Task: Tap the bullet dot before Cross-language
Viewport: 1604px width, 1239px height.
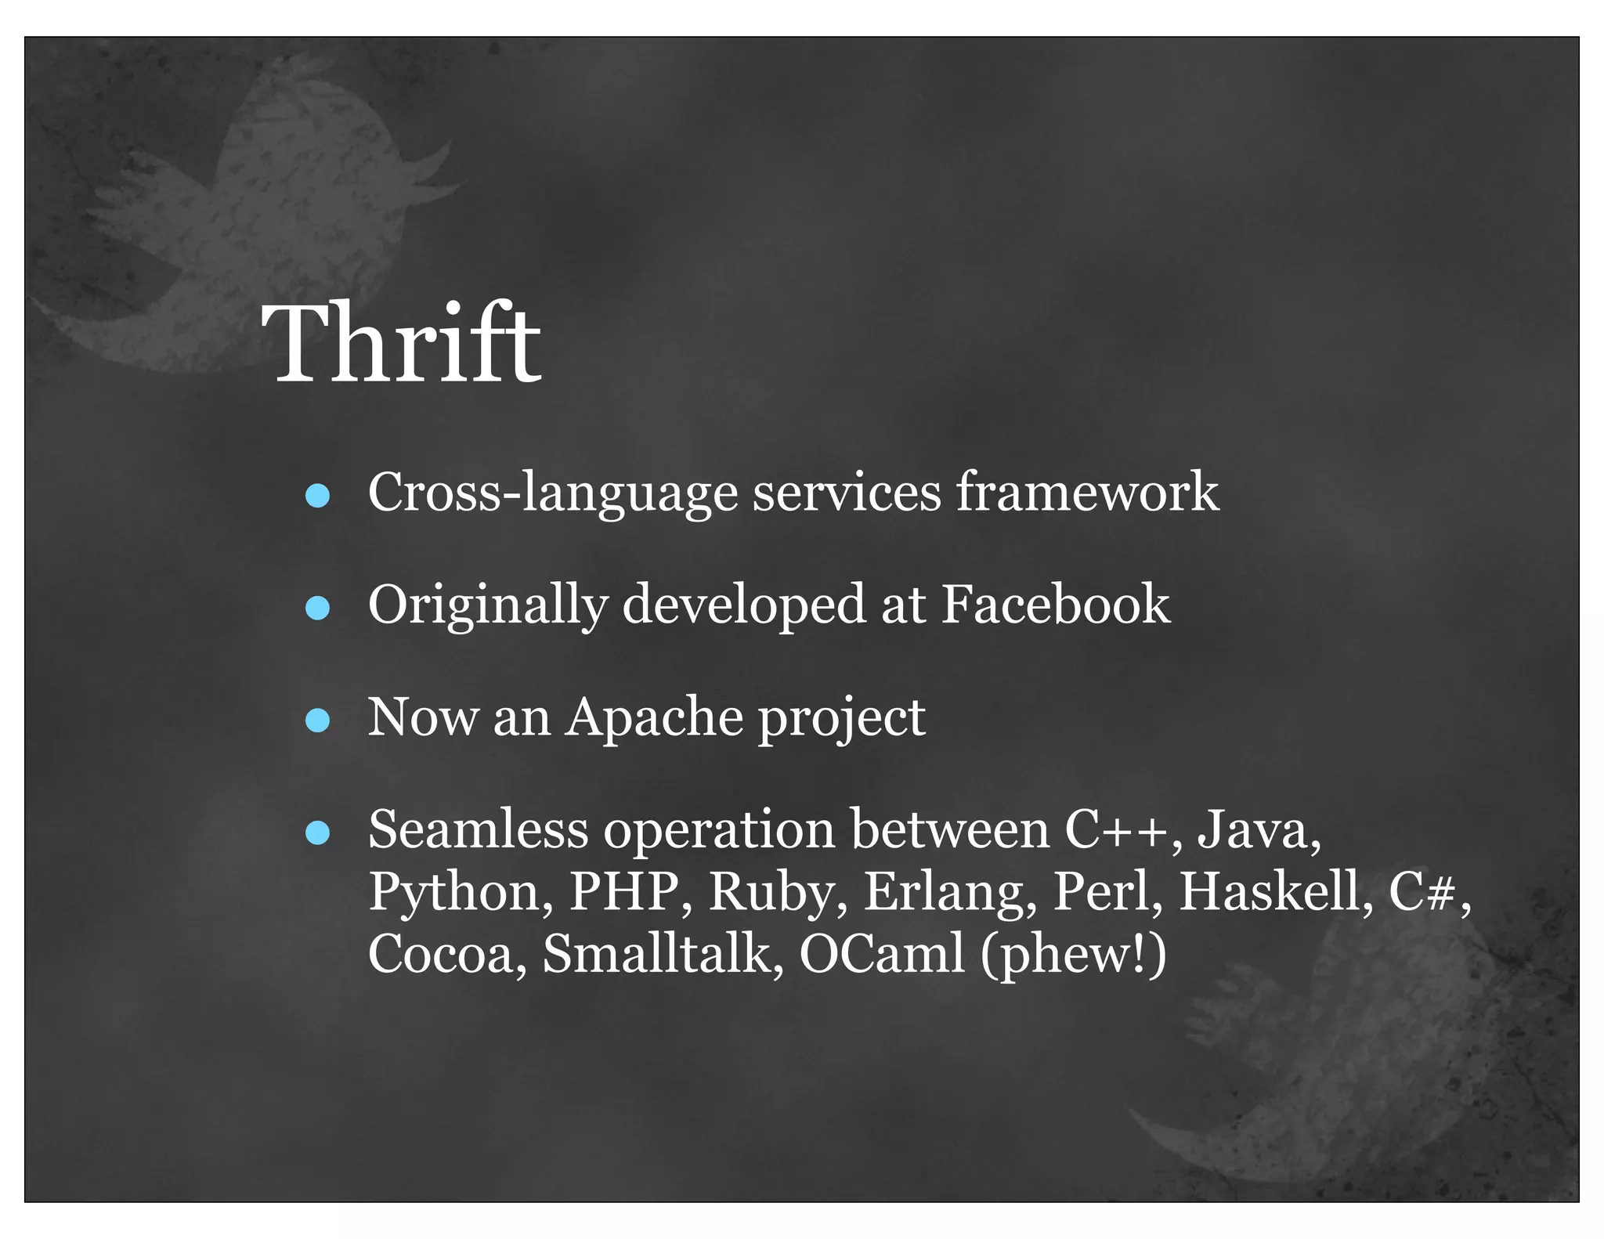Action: click(x=317, y=495)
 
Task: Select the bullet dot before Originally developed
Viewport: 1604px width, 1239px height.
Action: click(x=317, y=608)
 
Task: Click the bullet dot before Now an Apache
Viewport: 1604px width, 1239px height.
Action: click(x=317, y=720)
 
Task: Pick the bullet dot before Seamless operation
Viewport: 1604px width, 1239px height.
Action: click(x=317, y=833)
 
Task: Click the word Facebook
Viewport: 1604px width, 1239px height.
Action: click(x=1055, y=605)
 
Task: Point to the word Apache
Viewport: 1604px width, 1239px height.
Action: click(x=654, y=717)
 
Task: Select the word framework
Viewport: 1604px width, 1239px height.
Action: click(x=1087, y=492)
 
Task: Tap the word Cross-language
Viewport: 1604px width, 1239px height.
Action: click(x=553, y=493)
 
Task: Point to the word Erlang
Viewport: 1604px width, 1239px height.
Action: click(x=950, y=893)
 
